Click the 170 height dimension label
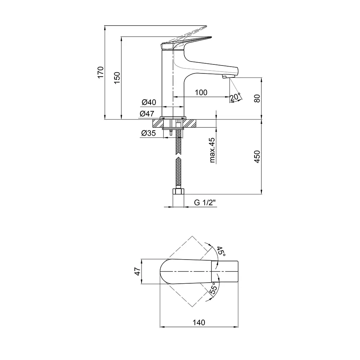pos(100,72)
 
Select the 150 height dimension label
pos(117,78)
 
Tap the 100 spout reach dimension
pos(201,92)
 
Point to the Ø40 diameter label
pos(149,102)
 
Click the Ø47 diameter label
pos(147,113)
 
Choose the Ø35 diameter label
pos(149,133)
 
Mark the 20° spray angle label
pos(235,97)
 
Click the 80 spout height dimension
pos(257,99)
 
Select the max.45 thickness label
pos(212,150)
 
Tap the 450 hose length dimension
pos(257,157)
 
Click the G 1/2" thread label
pos(205,202)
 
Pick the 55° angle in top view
pos(213,289)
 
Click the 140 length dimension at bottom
pos(199,323)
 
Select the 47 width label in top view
pos(137,271)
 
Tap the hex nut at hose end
pos(179,191)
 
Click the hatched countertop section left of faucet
pos(158,123)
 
